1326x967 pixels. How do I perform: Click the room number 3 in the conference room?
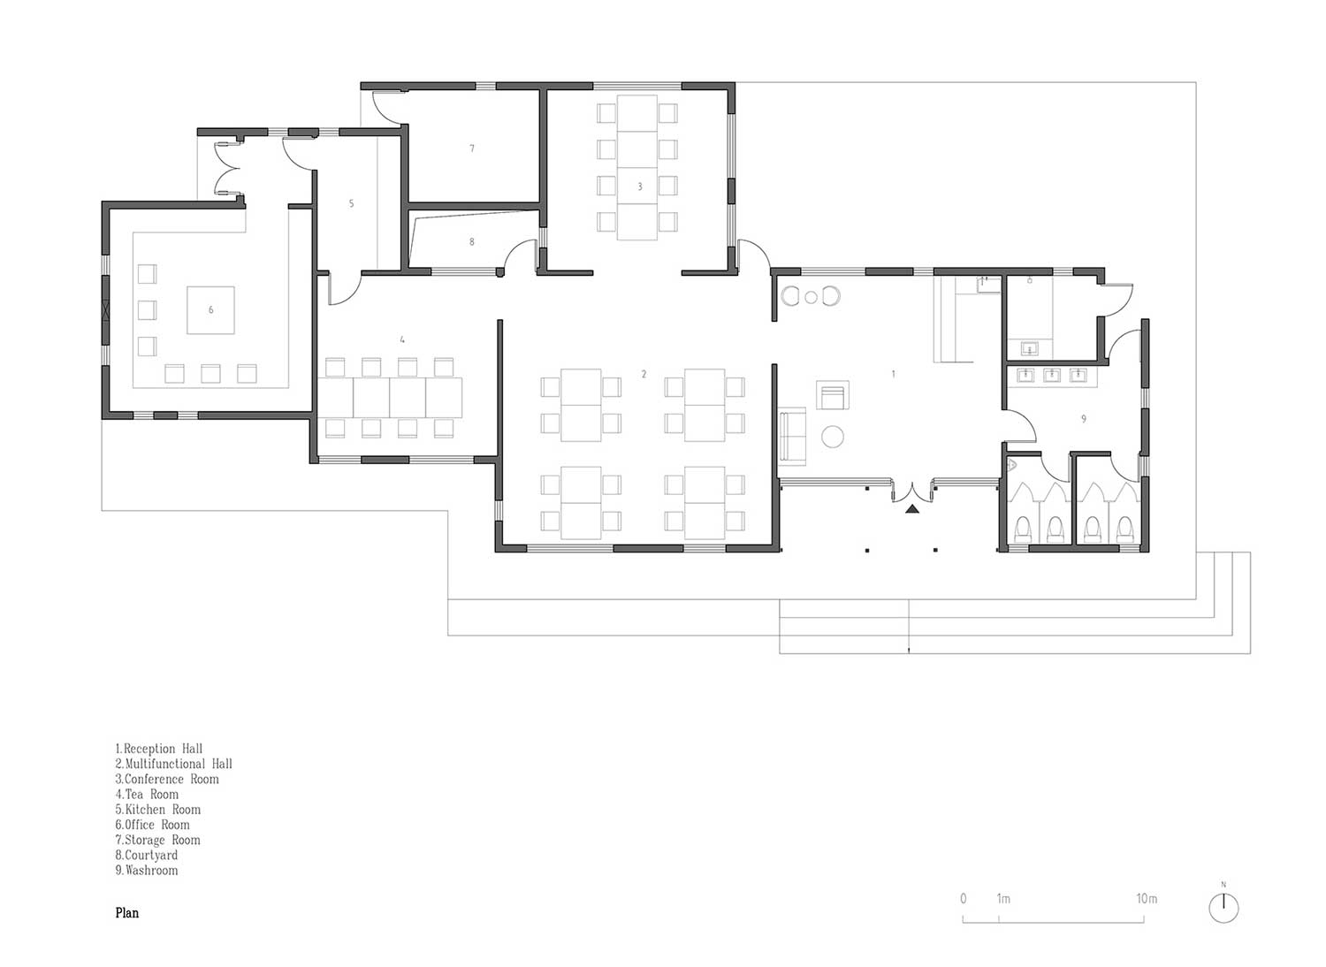tap(640, 187)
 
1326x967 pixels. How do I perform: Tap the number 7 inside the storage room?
tap(472, 148)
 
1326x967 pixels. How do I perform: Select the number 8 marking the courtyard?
tap(472, 241)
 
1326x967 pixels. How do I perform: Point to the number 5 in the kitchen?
tap(351, 203)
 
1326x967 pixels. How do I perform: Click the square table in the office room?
tap(210, 310)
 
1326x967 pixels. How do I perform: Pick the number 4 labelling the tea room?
tap(402, 339)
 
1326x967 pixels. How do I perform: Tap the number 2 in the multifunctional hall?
tap(644, 374)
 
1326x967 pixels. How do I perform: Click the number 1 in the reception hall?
tap(893, 374)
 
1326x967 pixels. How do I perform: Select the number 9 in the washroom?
tap(1084, 419)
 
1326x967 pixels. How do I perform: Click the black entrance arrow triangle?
tap(912, 508)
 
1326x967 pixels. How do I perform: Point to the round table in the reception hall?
tap(833, 437)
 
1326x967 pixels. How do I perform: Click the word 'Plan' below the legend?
tap(127, 913)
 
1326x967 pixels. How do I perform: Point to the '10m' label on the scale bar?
tap(1147, 898)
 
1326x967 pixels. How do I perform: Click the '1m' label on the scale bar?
tap(1003, 898)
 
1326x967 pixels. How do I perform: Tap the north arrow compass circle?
tap(1223, 908)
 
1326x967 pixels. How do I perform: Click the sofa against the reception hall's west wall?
tap(792, 434)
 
